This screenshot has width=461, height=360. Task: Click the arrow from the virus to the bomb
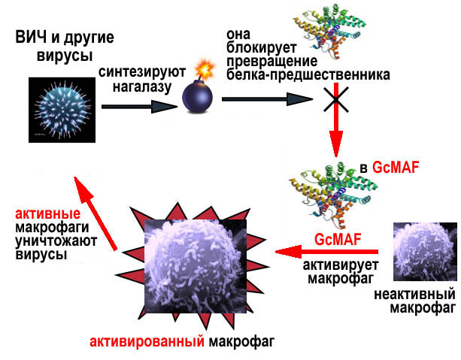pos(135,106)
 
